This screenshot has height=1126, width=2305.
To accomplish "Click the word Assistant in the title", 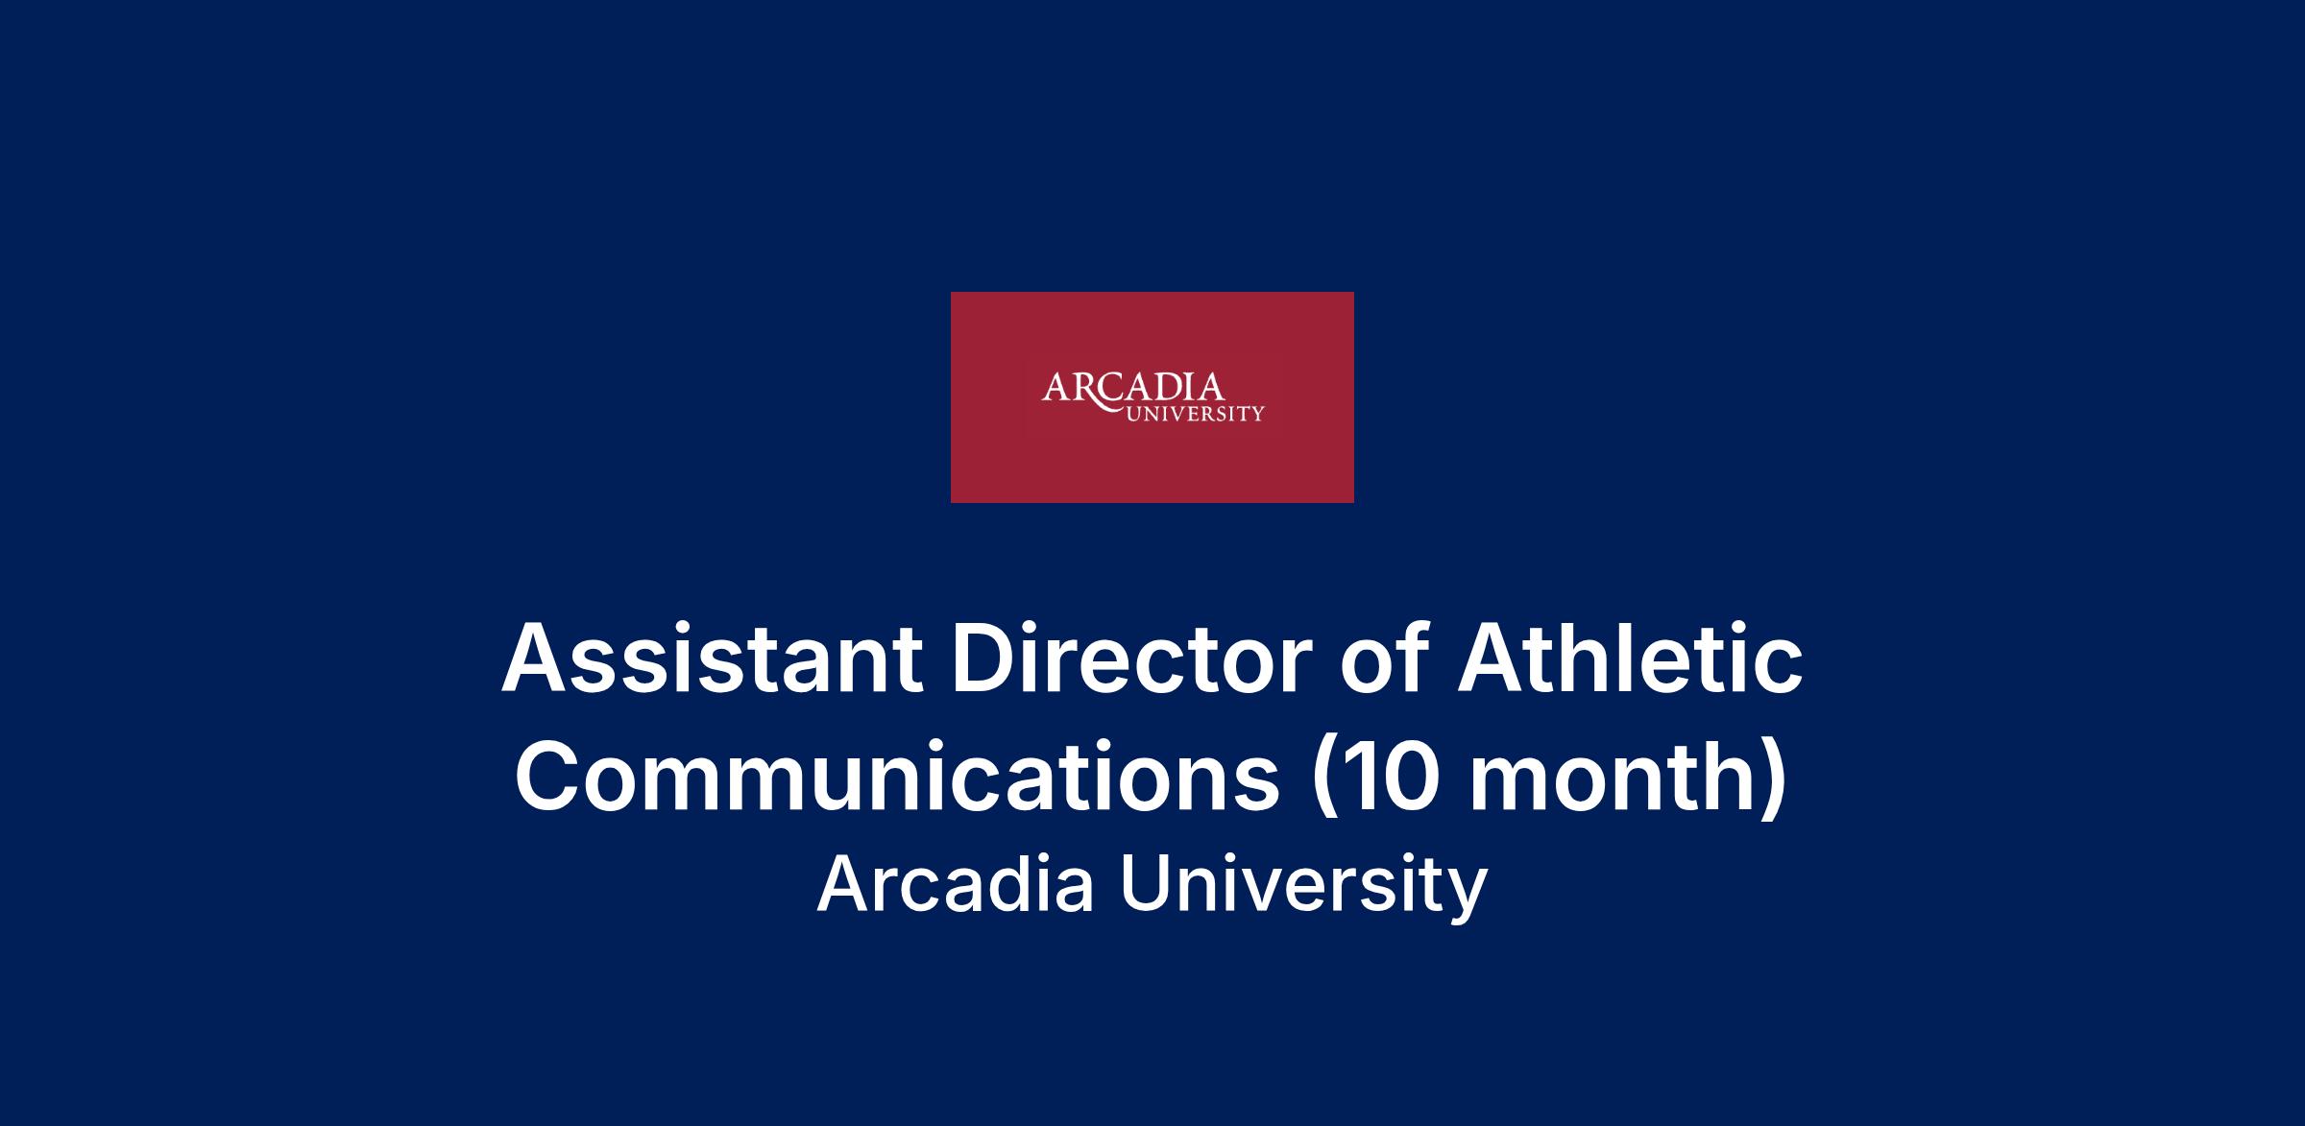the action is (x=712, y=659).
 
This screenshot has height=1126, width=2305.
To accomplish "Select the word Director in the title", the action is (x=1130, y=659).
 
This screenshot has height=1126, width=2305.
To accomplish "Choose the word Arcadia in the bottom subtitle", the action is (x=956, y=884).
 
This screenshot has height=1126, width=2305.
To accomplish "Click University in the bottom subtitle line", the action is (x=1303, y=888).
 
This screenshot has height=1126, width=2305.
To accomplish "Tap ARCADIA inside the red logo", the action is (x=1133, y=388).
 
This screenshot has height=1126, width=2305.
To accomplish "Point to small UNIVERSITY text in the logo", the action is (x=1195, y=415).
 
